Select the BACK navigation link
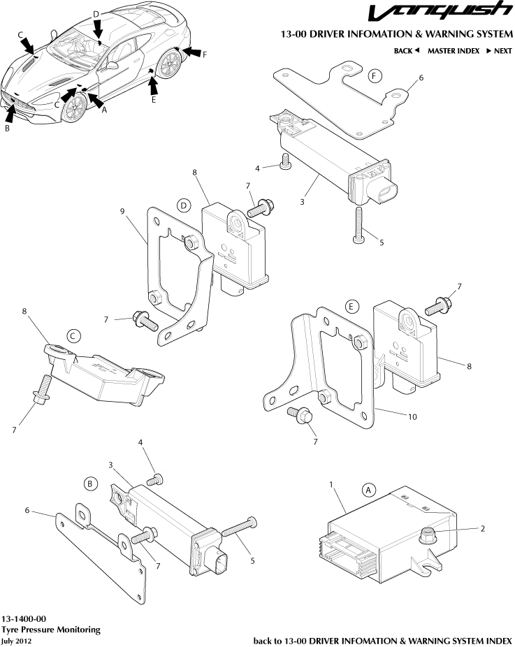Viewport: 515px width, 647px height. coord(406,51)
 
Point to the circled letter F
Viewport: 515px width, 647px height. coord(375,75)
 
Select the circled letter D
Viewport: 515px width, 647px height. coord(183,205)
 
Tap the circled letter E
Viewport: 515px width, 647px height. coord(352,306)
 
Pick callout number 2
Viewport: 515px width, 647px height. coord(482,528)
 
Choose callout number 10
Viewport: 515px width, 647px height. coord(412,416)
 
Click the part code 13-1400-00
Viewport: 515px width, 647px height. coord(24,619)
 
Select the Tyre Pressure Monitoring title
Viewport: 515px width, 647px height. coord(50,630)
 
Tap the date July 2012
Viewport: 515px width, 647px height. coord(17,640)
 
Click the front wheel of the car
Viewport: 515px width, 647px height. coord(73,107)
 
